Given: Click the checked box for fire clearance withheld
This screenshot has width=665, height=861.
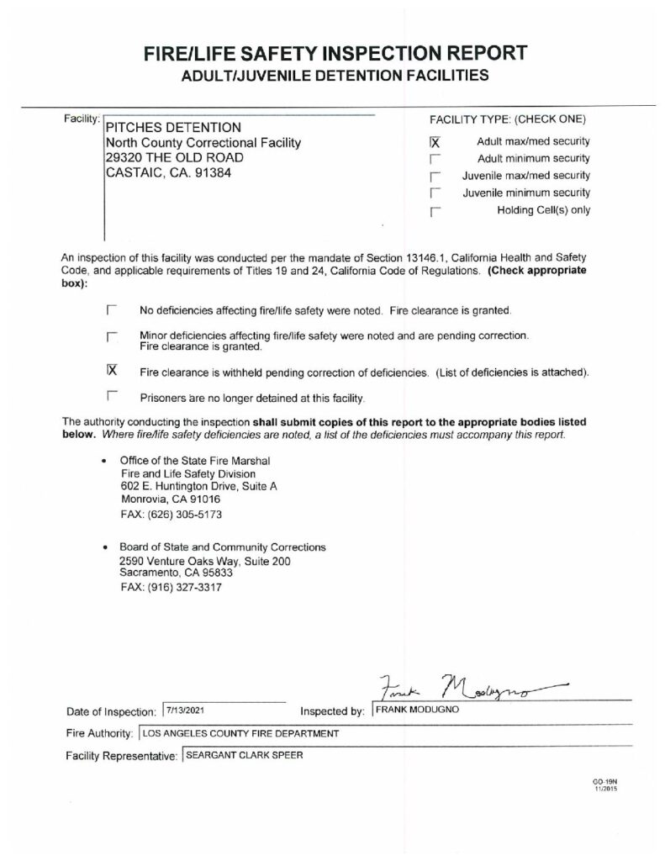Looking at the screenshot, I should coord(112,371).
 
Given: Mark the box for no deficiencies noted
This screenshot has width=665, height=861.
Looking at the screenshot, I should coord(112,309).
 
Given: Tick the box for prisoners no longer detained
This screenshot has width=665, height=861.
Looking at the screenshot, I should coord(112,396).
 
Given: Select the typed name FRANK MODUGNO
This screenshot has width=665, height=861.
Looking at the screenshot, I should coord(412,710).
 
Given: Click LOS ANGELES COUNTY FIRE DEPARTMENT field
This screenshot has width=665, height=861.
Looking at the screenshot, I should coord(241,733).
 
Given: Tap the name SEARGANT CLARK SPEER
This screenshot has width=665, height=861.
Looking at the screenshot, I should coord(245,754).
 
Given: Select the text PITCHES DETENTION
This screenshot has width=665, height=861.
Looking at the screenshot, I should coord(172,127).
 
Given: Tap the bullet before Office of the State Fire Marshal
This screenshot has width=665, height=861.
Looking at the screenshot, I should coord(103,462).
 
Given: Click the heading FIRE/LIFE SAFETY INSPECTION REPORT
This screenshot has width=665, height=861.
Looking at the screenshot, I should coord(335,53).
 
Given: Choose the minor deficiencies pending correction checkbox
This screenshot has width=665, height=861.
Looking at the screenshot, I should coord(112,337).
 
